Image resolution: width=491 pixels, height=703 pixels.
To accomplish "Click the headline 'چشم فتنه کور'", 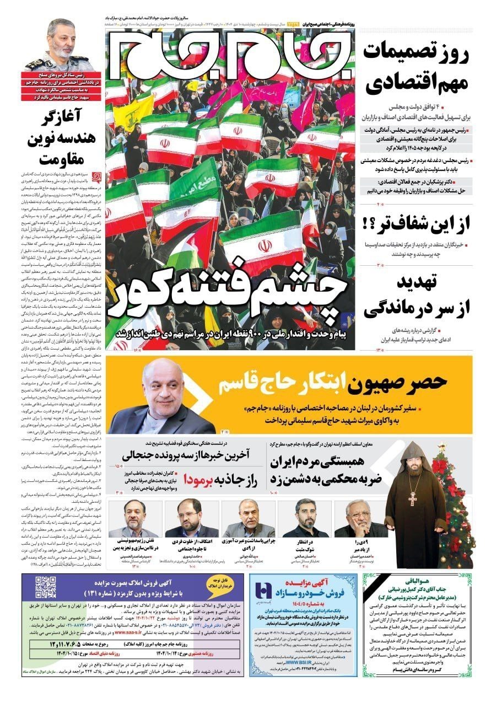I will [228, 300].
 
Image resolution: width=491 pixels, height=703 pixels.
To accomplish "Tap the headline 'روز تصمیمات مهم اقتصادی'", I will [417, 68].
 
